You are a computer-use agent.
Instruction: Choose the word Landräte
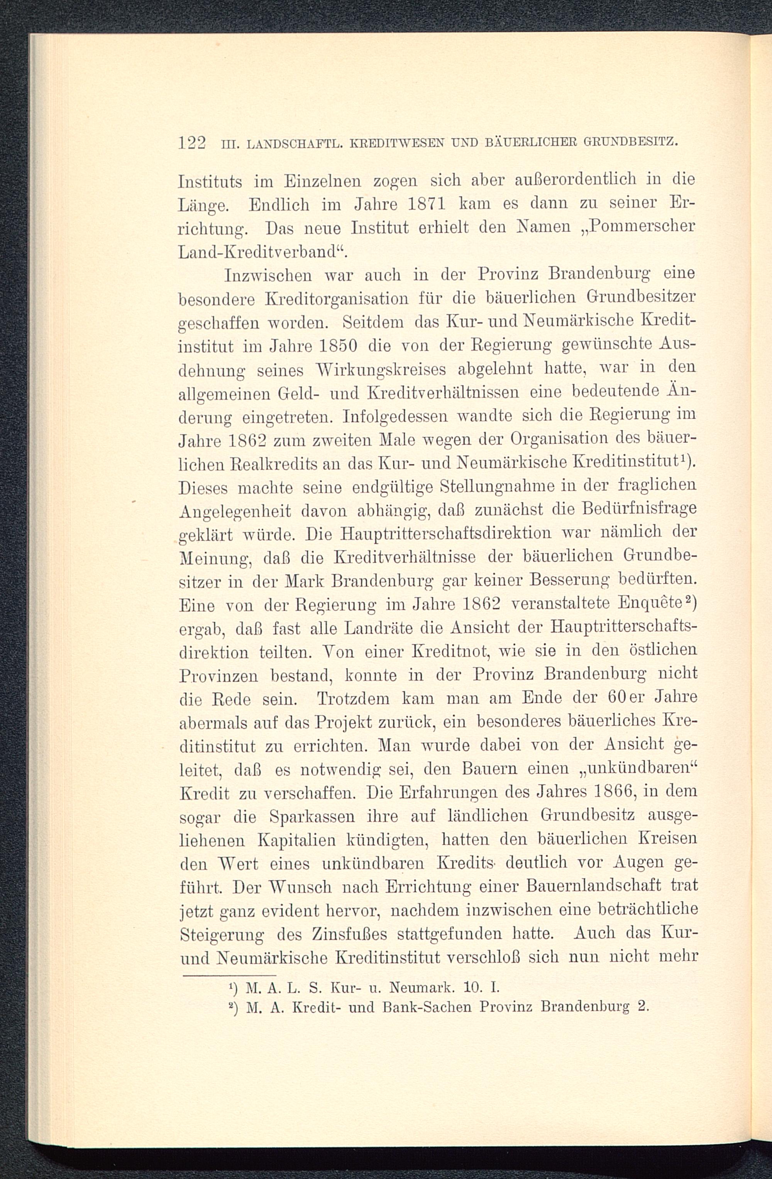(379, 629)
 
